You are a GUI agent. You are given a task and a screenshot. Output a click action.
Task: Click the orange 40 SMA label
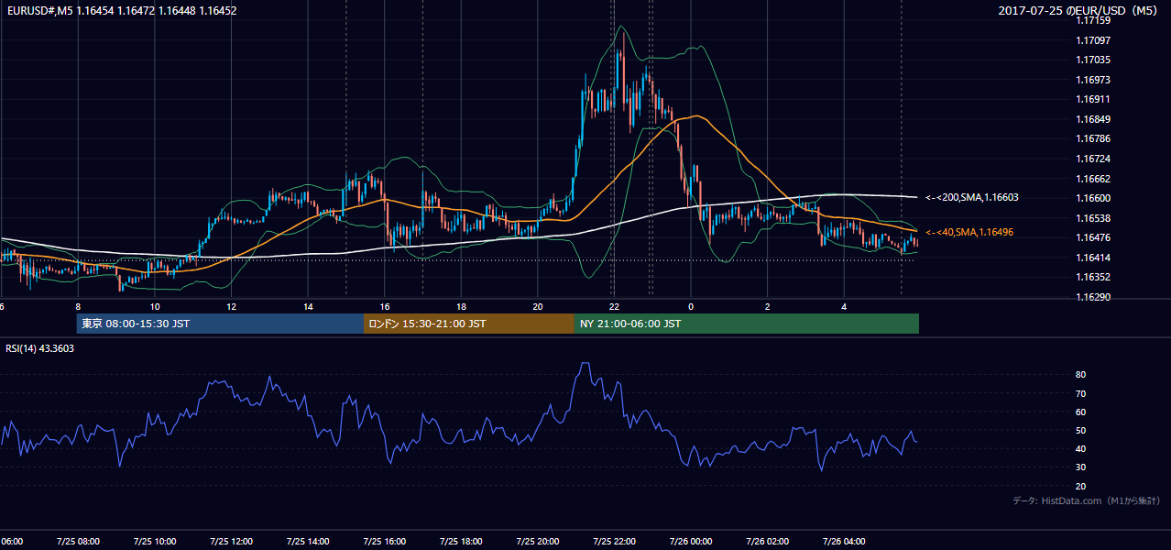coord(969,232)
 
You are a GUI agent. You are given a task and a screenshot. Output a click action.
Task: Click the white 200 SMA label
coord(972,197)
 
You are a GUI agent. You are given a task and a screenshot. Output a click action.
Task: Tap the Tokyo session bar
coord(220,324)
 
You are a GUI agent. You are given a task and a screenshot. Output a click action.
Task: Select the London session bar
coord(469,324)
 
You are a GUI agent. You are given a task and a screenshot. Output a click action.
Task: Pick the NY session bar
coord(747,324)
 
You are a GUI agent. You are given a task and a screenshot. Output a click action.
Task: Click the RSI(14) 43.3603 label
coord(39,348)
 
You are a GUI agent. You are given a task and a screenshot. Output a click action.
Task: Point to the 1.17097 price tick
coord(1093,40)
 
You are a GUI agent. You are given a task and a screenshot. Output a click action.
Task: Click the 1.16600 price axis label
coord(1093,198)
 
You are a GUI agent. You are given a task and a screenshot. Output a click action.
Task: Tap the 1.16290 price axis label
coord(1093,297)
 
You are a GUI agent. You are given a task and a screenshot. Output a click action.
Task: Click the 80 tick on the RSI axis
coord(1080,374)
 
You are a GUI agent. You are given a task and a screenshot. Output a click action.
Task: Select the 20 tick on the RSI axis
coord(1080,486)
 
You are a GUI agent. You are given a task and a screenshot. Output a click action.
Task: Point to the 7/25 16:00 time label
coord(384,541)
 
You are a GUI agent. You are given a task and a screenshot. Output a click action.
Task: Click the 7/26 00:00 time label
coord(691,541)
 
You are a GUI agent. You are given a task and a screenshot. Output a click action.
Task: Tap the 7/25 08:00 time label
coord(78,541)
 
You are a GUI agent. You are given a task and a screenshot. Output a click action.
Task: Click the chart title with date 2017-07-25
coord(1078,10)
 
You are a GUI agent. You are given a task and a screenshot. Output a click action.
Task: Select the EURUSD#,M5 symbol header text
coord(39,10)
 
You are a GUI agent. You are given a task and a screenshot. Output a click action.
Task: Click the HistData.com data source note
coord(1087,500)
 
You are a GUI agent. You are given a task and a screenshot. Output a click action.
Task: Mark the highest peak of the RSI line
coord(585,363)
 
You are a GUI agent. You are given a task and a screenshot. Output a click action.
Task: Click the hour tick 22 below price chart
coord(614,307)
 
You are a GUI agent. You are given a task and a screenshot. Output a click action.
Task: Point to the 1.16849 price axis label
coord(1093,119)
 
